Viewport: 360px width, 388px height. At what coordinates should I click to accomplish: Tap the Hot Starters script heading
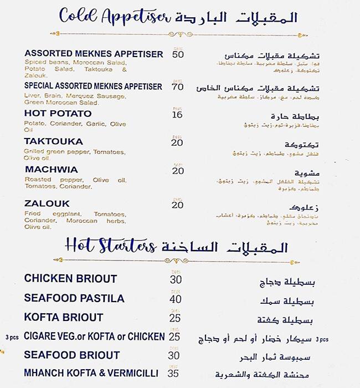[x=110, y=245]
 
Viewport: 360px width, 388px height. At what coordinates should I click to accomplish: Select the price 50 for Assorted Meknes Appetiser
[x=178, y=54]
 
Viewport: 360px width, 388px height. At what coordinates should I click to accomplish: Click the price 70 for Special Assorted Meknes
[x=178, y=87]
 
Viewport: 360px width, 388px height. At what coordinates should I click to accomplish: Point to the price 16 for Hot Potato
[x=177, y=115]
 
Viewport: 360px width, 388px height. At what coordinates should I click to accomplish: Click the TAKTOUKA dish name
[x=54, y=141]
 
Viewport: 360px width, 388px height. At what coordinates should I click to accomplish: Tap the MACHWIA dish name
[x=52, y=170]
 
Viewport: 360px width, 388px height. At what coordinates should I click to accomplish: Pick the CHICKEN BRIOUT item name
[x=70, y=279]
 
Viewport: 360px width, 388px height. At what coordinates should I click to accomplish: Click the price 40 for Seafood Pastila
[x=176, y=299]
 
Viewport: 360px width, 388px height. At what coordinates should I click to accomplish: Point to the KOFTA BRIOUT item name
[x=64, y=318]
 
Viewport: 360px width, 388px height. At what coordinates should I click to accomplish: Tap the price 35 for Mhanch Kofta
[x=173, y=374]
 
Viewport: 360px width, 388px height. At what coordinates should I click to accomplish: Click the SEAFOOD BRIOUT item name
[x=72, y=355]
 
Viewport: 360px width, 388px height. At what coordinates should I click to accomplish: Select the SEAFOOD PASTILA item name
[x=74, y=298]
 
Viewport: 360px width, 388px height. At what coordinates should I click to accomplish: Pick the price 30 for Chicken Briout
[x=176, y=279]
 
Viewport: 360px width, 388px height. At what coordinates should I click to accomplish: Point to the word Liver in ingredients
[x=31, y=95]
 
